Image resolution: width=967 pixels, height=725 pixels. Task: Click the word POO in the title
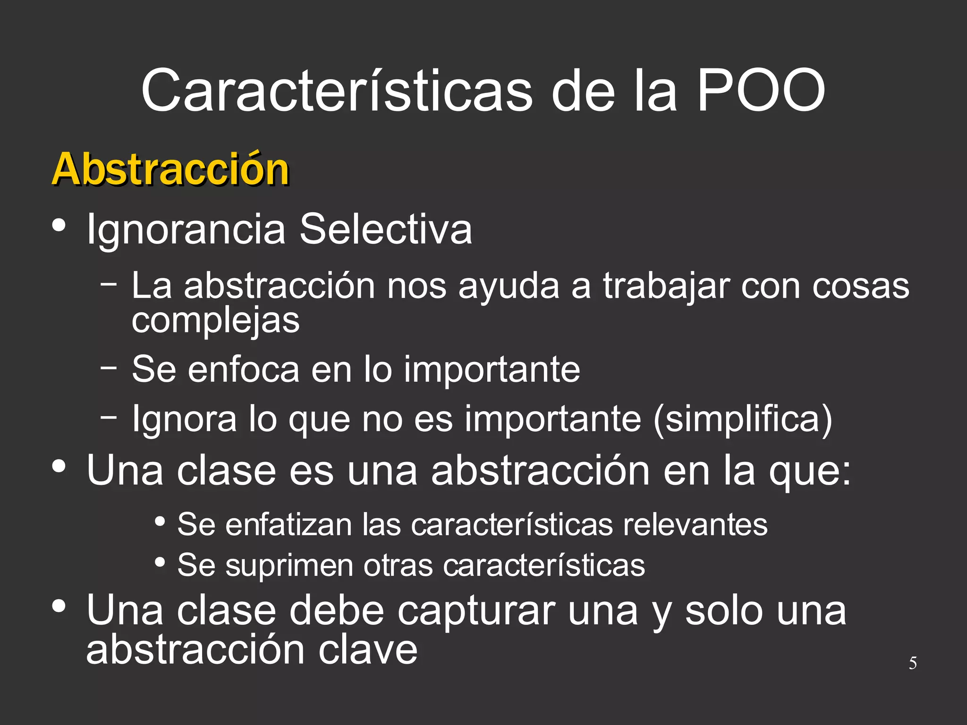(x=761, y=91)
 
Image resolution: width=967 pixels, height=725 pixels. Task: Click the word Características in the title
(x=337, y=91)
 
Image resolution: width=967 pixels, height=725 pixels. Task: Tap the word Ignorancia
(x=186, y=229)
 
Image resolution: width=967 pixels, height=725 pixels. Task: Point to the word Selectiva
(x=386, y=229)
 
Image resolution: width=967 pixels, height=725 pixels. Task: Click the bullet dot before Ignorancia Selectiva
(x=59, y=225)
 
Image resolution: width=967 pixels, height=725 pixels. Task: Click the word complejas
(x=215, y=321)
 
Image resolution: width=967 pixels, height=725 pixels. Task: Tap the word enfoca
(x=244, y=369)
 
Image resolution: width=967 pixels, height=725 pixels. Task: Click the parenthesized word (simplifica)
(x=743, y=419)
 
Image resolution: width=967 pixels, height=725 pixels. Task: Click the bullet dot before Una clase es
(x=59, y=466)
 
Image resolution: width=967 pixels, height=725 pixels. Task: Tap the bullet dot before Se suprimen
(x=160, y=562)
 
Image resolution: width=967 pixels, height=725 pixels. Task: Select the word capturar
(x=476, y=611)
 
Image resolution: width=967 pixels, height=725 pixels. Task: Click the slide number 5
(x=913, y=663)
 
